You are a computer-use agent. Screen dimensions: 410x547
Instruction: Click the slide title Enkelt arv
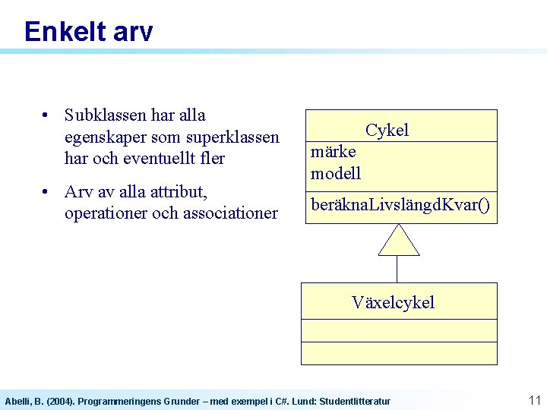[88, 32]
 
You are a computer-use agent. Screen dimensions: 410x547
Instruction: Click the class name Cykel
[387, 130]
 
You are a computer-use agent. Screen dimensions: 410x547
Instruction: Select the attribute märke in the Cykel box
[333, 151]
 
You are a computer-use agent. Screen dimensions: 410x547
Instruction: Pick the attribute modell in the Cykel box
[336, 173]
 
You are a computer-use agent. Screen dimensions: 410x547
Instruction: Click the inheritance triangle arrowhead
[399, 241]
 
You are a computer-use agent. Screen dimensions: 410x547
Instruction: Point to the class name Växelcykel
[393, 302]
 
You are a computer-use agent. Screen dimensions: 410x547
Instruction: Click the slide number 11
[533, 399]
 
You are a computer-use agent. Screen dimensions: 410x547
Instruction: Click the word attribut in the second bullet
[176, 191]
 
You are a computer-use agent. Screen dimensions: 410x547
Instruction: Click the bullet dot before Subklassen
[47, 116]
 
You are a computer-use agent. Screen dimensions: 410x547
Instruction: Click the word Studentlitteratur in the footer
[355, 401]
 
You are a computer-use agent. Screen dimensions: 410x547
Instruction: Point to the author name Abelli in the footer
[17, 401]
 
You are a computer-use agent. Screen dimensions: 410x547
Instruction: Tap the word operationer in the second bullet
[106, 213]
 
